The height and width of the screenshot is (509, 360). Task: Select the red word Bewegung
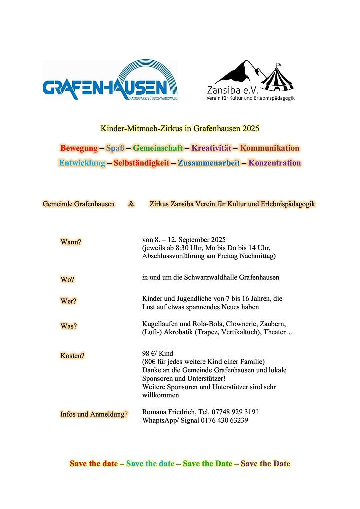[x=78, y=148]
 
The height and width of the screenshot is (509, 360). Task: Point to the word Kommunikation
[x=270, y=148]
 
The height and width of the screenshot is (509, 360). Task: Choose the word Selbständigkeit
[x=141, y=163]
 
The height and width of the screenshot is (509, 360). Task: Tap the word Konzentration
[x=275, y=163]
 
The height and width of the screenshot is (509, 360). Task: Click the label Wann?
[x=71, y=242]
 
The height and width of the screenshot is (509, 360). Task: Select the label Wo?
[x=67, y=279]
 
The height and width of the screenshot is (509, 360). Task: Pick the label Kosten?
[x=72, y=356]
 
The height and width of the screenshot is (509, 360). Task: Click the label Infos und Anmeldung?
[x=94, y=414]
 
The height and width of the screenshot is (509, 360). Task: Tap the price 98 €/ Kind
[x=158, y=353]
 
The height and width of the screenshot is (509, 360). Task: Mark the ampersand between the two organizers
[x=131, y=204]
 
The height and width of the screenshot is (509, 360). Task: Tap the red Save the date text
[x=94, y=463]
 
